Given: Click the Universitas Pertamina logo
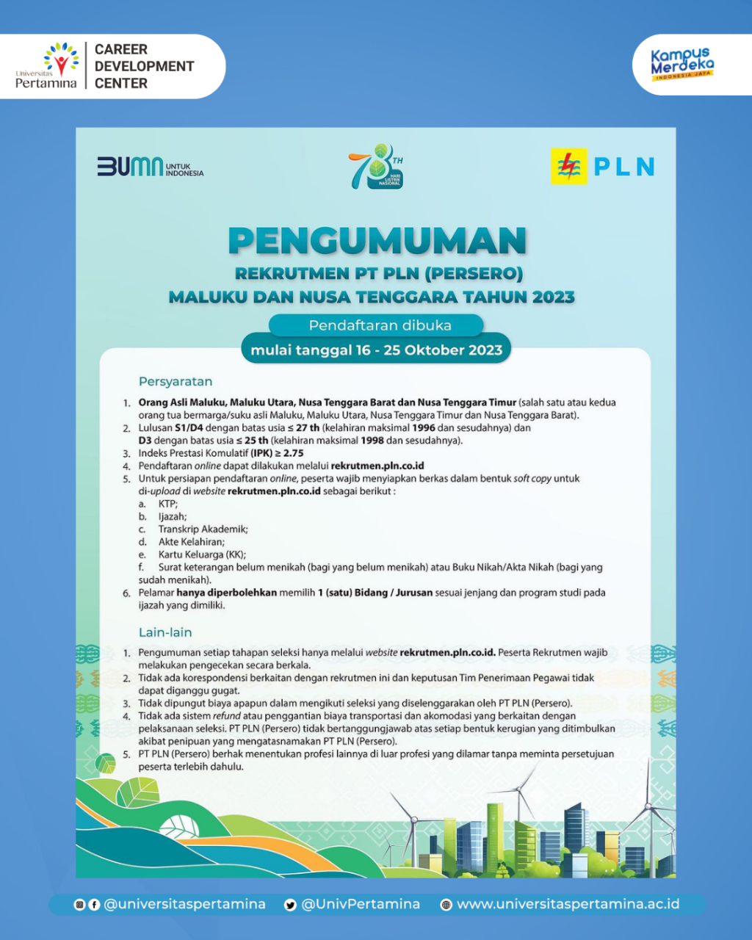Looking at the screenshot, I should (x=46, y=66).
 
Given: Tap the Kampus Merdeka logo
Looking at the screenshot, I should (x=682, y=65).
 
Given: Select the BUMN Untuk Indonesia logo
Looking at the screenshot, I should (x=150, y=166).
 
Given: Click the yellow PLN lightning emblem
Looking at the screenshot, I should (x=568, y=167).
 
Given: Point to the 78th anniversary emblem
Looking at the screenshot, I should (x=375, y=166).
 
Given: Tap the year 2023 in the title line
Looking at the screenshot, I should (x=554, y=297).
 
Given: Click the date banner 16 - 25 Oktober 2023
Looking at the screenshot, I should (x=376, y=350).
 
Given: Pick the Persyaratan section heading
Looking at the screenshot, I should (x=176, y=382).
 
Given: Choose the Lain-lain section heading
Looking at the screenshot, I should (x=165, y=632).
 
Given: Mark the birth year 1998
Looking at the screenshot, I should (x=372, y=441).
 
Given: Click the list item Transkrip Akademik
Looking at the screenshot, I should (x=203, y=529).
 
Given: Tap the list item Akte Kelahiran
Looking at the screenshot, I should (x=191, y=542).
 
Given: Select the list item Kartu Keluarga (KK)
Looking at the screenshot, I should (x=202, y=555).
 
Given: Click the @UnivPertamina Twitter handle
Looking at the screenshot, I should (x=361, y=904).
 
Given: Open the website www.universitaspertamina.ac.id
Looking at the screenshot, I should (x=567, y=904).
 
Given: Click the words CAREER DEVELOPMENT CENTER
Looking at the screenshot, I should (x=144, y=66).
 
